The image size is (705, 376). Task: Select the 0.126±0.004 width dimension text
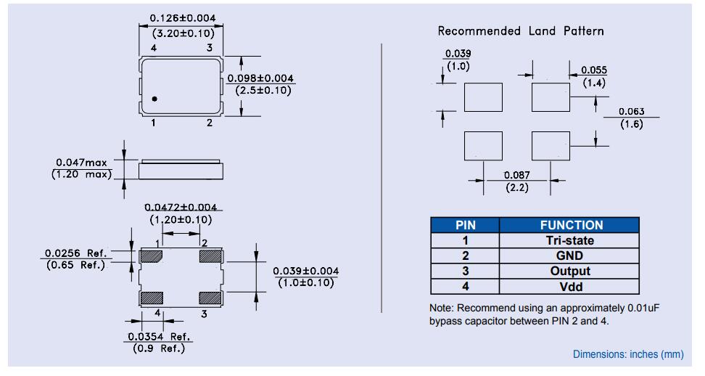[x=182, y=18]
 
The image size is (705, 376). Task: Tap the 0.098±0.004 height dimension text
[x=260, y=78]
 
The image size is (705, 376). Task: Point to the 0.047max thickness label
[x=84, y=163]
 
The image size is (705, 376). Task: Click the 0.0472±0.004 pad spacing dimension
[x=181, y=208]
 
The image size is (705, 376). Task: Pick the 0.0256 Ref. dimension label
[x=75, y=253]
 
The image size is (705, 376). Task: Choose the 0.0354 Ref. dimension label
[x=158, y=337]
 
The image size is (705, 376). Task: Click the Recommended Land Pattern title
[x=520, y=31]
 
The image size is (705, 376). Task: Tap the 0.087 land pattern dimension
[x=517, y=176]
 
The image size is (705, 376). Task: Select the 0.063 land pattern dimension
[x=630, y=112]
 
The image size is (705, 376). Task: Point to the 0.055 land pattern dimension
[x=594, y=70]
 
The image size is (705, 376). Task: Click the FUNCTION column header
[x=571, y=225]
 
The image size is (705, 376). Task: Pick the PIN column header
[x=466, y=225]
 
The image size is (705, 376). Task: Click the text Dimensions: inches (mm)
[x=627, y=354]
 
